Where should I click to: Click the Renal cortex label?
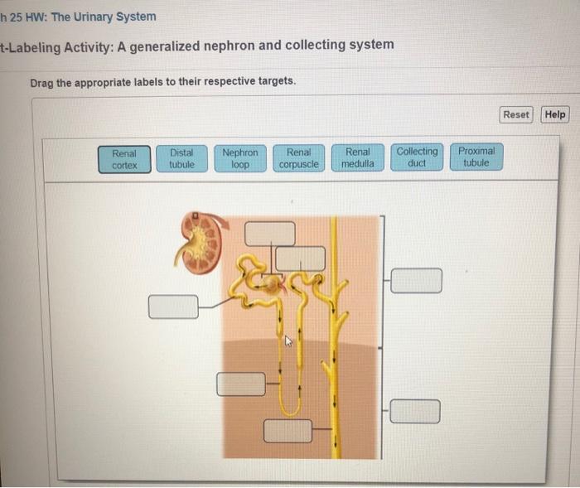124,158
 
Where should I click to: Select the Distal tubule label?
181,158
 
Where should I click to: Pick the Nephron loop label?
240,158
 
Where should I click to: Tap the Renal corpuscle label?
298,158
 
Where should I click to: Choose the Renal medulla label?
358,157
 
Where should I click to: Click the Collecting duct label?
417,157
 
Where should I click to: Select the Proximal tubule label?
476,157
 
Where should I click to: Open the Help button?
555,114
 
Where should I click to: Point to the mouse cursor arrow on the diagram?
289,340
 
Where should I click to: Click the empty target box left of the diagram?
173,307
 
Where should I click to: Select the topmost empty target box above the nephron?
269,233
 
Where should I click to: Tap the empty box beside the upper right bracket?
416,280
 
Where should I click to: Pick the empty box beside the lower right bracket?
414,411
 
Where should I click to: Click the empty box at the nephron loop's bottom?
288,431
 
